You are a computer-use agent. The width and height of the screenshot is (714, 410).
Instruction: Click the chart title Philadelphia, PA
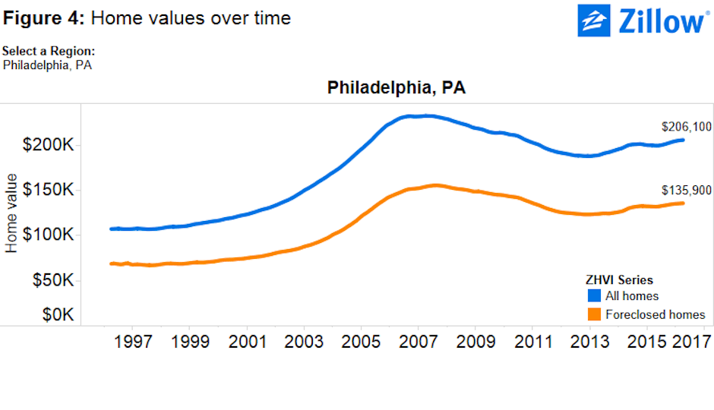[x=396, y=88]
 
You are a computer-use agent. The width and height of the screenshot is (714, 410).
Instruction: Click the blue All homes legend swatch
[x=595, y=295]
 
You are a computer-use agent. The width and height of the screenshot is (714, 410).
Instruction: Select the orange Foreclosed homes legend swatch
[x=595, y=314]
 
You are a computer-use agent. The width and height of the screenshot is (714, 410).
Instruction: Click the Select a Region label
[x=49, y=51]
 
